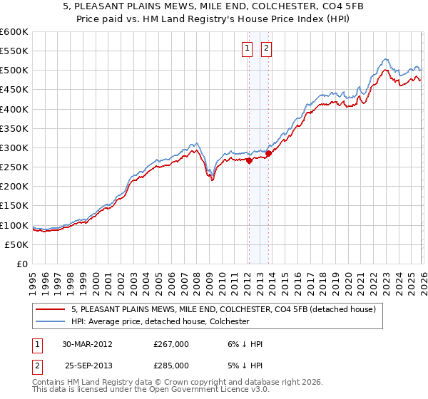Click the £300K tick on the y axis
click(14, 148)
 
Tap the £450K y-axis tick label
click(14, 90)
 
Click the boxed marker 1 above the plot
click(247, 48)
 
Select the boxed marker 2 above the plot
click(266, 48)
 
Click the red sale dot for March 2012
click(249, 161)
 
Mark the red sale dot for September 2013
click(268, 153)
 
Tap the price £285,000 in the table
click(171, 366)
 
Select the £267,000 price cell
click(171, 344)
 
